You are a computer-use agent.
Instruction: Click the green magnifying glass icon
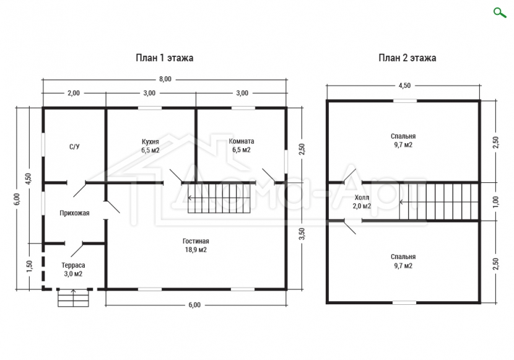500,13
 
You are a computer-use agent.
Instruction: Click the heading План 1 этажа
165,58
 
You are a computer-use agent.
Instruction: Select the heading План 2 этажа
407,58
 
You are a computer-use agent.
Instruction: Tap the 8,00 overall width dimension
165,79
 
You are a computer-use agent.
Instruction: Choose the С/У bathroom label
74,147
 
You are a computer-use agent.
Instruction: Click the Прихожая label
74,213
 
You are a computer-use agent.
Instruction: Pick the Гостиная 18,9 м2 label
196,245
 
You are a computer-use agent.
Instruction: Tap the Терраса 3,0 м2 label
73,270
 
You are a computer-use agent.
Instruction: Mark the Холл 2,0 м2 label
362,201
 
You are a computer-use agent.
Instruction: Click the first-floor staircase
219,198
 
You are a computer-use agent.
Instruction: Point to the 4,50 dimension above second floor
404,86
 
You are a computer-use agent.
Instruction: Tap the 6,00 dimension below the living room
194,305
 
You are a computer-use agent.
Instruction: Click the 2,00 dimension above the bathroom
74,93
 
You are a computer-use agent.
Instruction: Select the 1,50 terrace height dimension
29,266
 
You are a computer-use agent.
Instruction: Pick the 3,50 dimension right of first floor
302,234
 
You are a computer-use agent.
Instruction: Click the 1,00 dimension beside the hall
495,201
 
